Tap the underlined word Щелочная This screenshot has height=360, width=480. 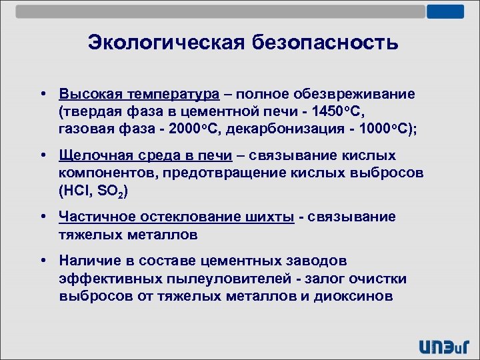89,155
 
